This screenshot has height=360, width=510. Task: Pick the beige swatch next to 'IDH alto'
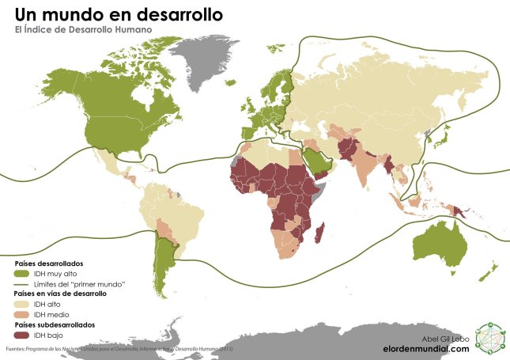pos(21,304)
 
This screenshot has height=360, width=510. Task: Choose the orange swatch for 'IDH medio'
pos(21,314)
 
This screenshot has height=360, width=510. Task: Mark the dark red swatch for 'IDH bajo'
pos(21,335)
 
